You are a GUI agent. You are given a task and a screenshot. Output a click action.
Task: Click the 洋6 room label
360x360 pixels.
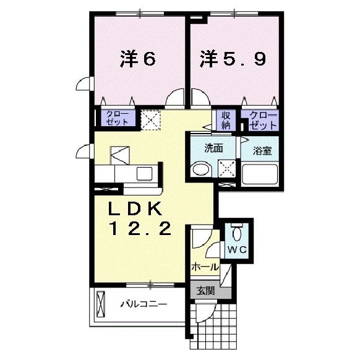tap(137, 59)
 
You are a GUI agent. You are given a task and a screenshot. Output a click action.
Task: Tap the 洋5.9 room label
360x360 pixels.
tap(232, 59)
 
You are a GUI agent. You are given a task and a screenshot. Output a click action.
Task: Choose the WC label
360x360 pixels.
tap(237, 249)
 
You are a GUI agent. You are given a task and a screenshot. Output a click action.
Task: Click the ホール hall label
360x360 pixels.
tap(205, 267)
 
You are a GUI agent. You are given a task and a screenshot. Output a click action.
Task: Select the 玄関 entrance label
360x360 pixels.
tap(205, 290)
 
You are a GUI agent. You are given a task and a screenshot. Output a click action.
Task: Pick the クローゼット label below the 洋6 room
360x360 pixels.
tap(117, 118)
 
